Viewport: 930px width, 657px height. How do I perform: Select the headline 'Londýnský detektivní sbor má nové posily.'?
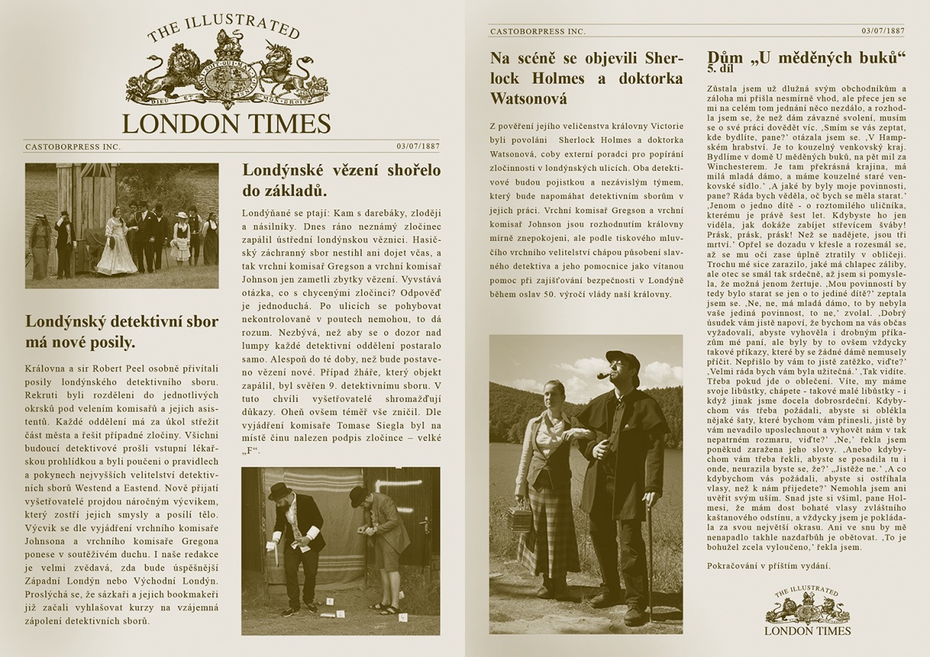click(122, 332)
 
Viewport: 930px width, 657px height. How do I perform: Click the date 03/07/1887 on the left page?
click(418, 146)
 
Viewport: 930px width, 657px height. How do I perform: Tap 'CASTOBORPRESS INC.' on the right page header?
click(537, 31)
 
